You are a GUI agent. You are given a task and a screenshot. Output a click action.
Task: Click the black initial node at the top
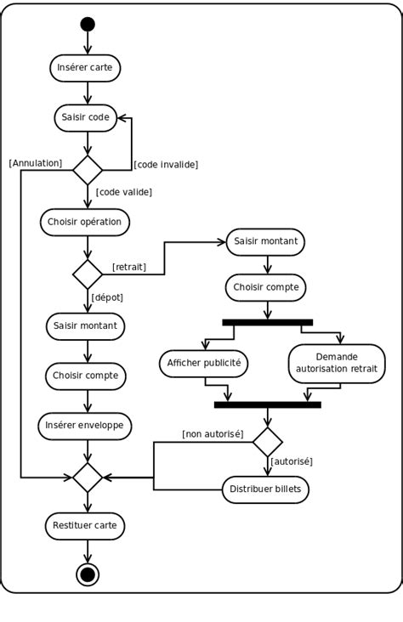coord(88,24)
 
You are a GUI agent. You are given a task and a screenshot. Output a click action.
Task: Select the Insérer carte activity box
coord(85,68)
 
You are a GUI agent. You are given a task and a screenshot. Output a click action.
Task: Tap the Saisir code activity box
coord(86,117)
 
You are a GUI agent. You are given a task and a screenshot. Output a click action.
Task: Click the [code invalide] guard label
coord(167,164)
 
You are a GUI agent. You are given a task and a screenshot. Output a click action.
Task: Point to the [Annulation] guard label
coord(36,163)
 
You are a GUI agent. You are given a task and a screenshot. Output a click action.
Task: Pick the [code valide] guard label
coord(124,192)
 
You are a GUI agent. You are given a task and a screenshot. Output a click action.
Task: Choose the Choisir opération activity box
coord(84,223)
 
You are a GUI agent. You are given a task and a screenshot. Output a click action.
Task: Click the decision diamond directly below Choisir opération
coord(88,274)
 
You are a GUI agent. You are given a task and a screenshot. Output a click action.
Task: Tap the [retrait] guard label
coord(129,267)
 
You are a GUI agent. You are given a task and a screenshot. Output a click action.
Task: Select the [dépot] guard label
coord(107,297)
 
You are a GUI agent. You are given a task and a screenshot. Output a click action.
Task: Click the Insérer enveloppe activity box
coord(85,426)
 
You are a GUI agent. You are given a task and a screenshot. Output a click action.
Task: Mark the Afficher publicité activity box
coord(204,364)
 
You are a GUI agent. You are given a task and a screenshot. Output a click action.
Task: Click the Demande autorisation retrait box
coord(337,363)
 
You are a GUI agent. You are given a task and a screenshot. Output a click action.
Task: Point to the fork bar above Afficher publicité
coord(267,323)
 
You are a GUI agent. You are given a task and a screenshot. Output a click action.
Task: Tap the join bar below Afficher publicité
coord(267,405)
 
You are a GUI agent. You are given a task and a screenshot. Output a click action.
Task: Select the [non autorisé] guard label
coord(213,434)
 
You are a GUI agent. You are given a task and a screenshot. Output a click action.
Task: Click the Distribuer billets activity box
coord(265,489)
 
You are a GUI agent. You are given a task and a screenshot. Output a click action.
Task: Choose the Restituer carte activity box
coord(85,526)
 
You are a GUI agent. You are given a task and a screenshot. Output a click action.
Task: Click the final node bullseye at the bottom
coord(88,574)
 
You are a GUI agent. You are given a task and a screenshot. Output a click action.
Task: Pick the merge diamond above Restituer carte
coord(88,478)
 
